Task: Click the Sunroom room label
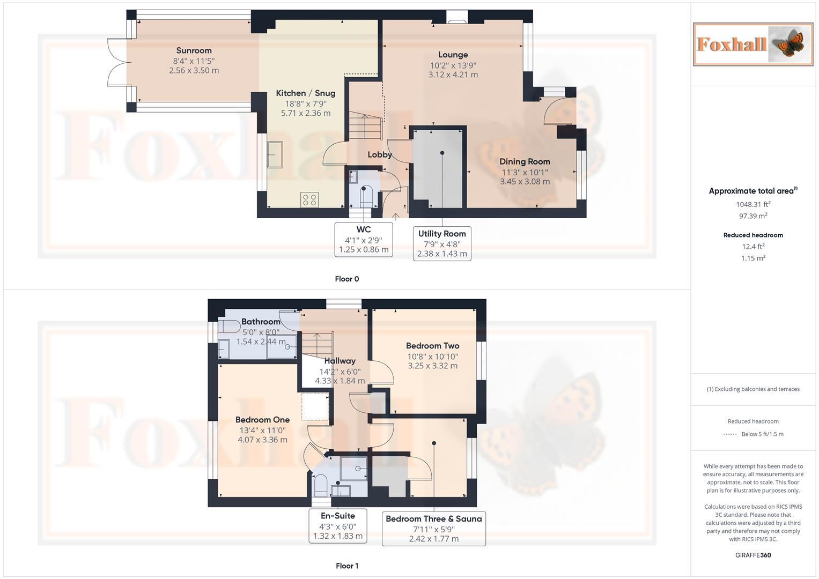click(194, 51)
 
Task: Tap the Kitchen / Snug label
click(305, 93)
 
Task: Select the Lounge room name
click(453, 55)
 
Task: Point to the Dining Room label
click(525, 161)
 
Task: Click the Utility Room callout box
click(442, 243)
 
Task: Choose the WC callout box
click(364, 239)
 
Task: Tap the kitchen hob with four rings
click(309, 200)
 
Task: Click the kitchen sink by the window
click(275, 154)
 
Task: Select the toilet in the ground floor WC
click(366, 196)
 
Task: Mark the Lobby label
click(379, 155)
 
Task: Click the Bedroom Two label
click(432, 346)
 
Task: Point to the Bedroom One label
click(262, 420)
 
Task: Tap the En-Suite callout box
click(338, 526)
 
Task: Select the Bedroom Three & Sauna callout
click(433, 528)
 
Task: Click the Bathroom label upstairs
click(261, 322)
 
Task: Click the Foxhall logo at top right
click(752, 44)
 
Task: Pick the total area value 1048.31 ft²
click(752, 204)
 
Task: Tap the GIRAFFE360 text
click(752, 555)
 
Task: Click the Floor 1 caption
click(346, 566)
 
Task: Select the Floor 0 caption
click(346, 279)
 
